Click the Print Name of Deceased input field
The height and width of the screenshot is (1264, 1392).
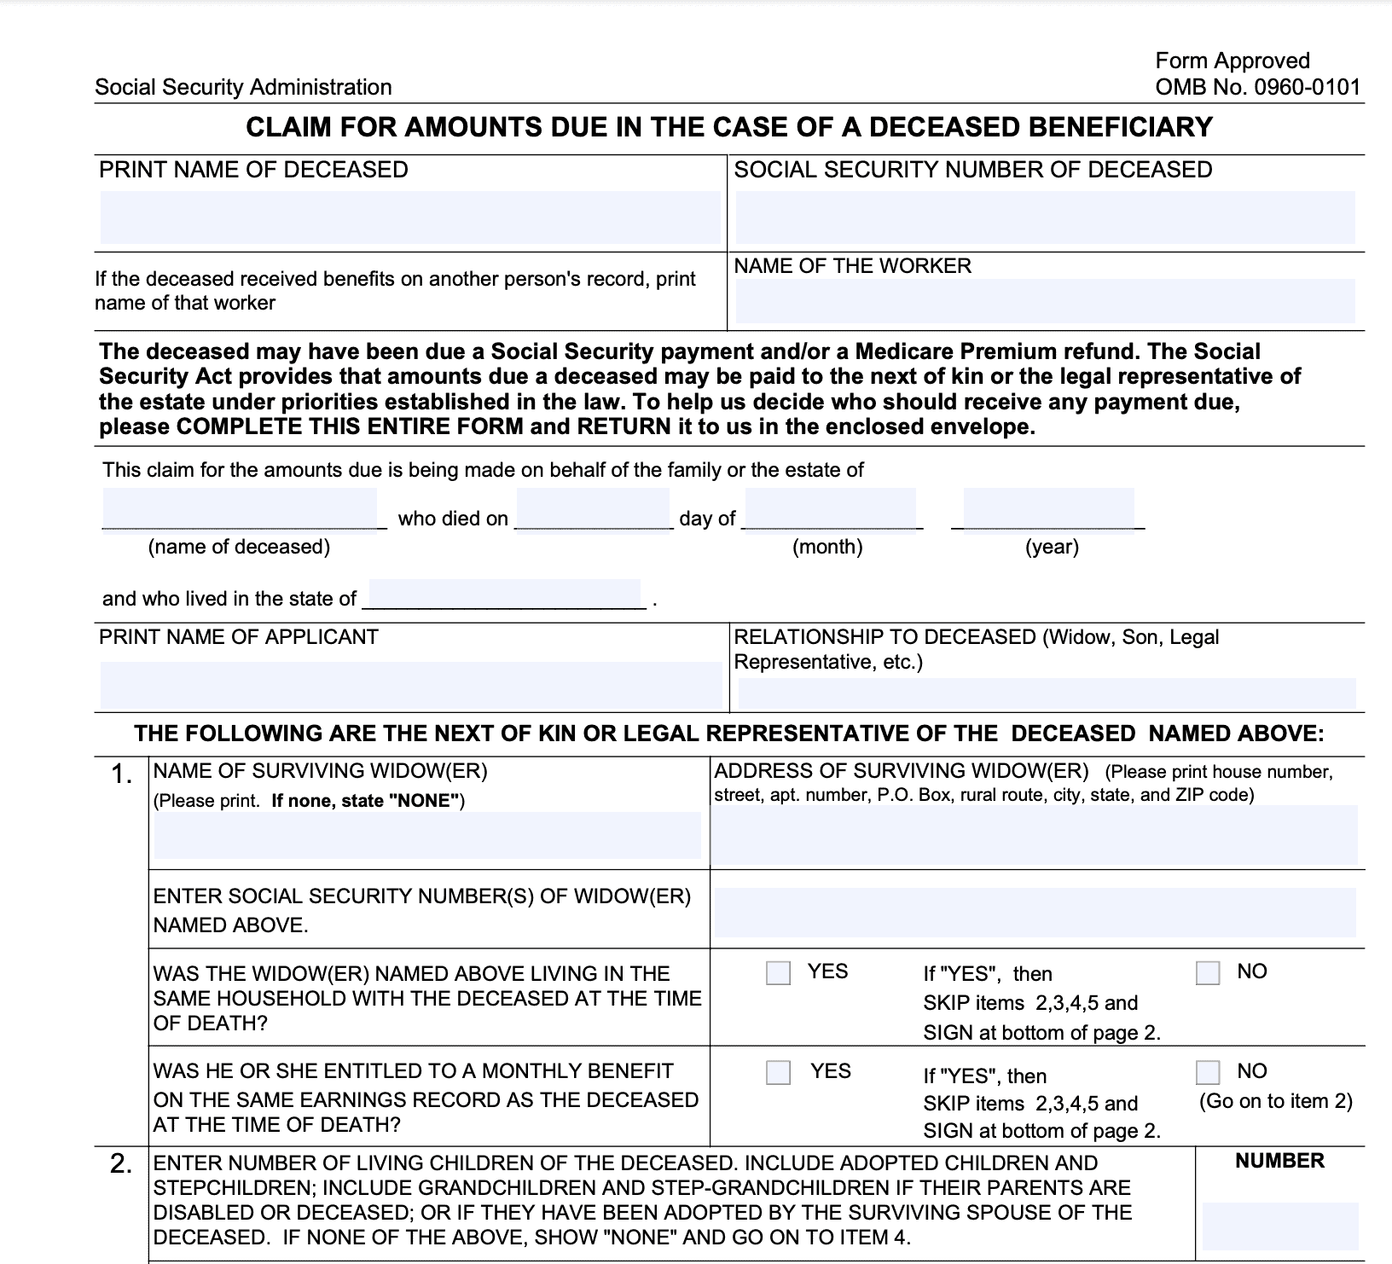410,217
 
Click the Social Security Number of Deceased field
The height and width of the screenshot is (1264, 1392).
1045,217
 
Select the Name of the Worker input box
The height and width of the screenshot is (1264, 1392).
1045,300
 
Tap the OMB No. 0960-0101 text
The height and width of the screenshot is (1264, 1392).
1257,87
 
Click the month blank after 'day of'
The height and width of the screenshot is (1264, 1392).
830,509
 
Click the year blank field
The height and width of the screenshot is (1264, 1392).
1048,509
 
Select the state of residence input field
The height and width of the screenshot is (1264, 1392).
504,594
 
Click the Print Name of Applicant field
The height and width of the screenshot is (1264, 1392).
410,684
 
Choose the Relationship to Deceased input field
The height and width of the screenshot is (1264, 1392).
1046,693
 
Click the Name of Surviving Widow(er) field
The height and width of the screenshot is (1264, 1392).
426,834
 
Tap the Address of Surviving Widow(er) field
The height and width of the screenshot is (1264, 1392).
1034,836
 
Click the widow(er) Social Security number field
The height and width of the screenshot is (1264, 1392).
1035,913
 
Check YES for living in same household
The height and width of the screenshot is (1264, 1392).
778,973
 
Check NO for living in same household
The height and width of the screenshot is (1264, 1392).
1208,973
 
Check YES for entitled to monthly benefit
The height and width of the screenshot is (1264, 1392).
778,1072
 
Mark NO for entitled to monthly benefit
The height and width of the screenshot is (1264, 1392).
1208,1072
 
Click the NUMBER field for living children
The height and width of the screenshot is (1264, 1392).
1279,1226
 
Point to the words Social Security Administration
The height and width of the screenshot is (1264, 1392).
243,87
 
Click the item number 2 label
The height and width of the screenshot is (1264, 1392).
121,1164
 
